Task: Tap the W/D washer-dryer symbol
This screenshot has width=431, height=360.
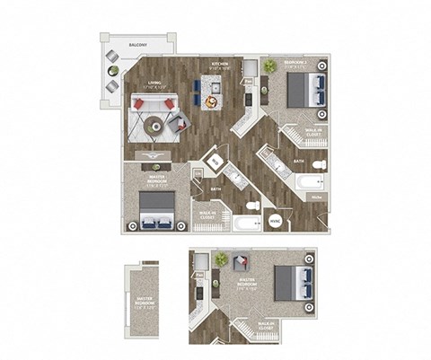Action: [215, 161]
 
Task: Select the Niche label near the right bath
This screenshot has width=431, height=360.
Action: [317, 195]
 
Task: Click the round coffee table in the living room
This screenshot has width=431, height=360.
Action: [157, 127]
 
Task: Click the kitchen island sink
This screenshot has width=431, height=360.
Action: [215, 89]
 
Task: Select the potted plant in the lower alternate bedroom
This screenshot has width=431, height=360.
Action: [220, 259]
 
